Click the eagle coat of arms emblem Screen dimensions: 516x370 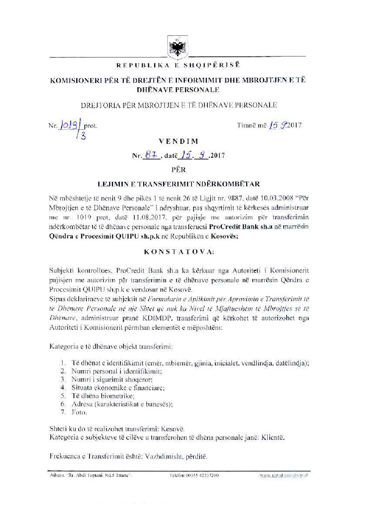click(x=176, y=48)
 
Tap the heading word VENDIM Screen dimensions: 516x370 click(x=183, y=141)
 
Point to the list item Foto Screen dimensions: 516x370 click(x=79, y=412)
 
